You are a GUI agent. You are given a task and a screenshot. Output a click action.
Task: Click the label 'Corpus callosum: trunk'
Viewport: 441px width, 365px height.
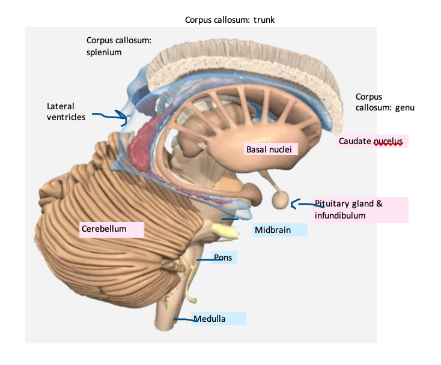click(230, 20)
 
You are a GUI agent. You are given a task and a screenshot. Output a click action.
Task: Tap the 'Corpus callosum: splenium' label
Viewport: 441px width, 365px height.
click(118, 46)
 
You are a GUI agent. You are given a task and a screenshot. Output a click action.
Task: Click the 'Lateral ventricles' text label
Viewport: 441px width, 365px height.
click(66, 112)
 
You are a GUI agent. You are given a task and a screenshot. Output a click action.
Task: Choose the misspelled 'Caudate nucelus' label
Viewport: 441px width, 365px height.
click(371, 141)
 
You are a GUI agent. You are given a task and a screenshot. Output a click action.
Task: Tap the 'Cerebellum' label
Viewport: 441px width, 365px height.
click(104, 229)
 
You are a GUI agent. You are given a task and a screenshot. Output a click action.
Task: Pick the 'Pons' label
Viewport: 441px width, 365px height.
click(222, 258)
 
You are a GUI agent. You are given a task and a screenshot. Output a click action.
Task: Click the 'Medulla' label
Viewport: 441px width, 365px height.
click(210, 319)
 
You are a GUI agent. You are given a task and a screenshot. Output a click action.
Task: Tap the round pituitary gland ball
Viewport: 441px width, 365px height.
click(281, 200)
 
